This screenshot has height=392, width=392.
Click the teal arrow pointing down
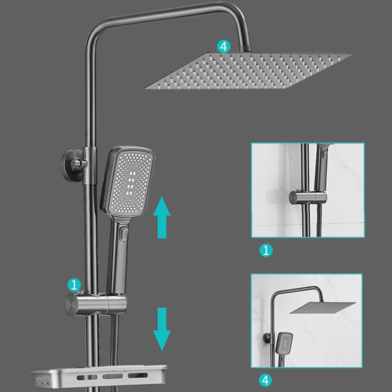[161, 328]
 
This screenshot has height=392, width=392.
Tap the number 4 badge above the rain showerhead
[223, 47]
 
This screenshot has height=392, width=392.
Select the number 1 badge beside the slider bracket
[74, 284]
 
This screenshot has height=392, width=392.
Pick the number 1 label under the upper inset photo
[265, 251]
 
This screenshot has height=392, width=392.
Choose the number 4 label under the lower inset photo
[265, 379]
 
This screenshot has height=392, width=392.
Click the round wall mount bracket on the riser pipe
[70, 162]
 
